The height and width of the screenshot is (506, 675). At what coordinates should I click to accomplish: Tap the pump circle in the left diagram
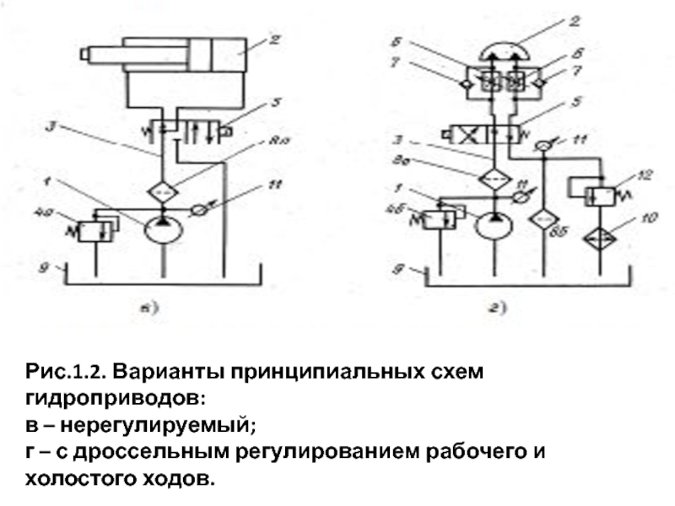click(159, 230)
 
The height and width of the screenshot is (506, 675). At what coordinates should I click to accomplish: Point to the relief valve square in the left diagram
click(90, 229)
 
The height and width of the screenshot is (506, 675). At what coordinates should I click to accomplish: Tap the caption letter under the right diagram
click(499, 309)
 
